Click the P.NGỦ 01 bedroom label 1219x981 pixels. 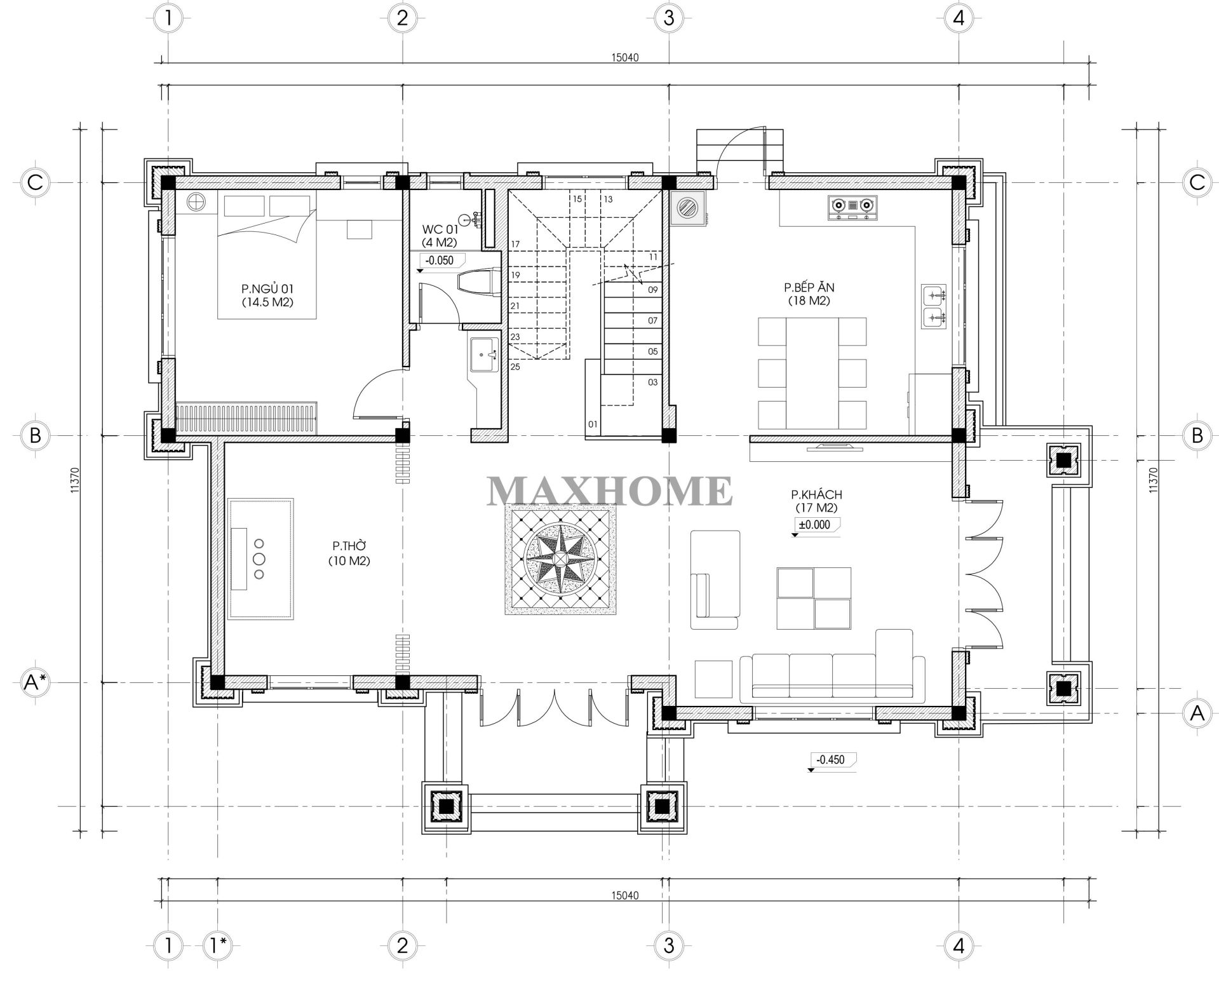(x=267, y=295)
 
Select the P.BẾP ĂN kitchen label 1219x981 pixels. (x=809, y=294)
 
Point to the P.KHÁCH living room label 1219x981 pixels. (x=816, y=501)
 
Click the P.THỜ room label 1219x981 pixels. (x=349, y=553)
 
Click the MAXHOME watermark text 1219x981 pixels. (x=610, y=490)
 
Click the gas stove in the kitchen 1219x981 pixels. (x=852, y=208)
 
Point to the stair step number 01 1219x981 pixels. (x=593, y=424)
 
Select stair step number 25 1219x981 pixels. (x=515, y=367)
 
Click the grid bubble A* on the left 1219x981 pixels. (x=35, y=683)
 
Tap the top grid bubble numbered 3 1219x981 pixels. (x=668, y=18)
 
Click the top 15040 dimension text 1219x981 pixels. (x=624, y=57)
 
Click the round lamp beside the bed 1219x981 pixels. (x=196, y=202)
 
